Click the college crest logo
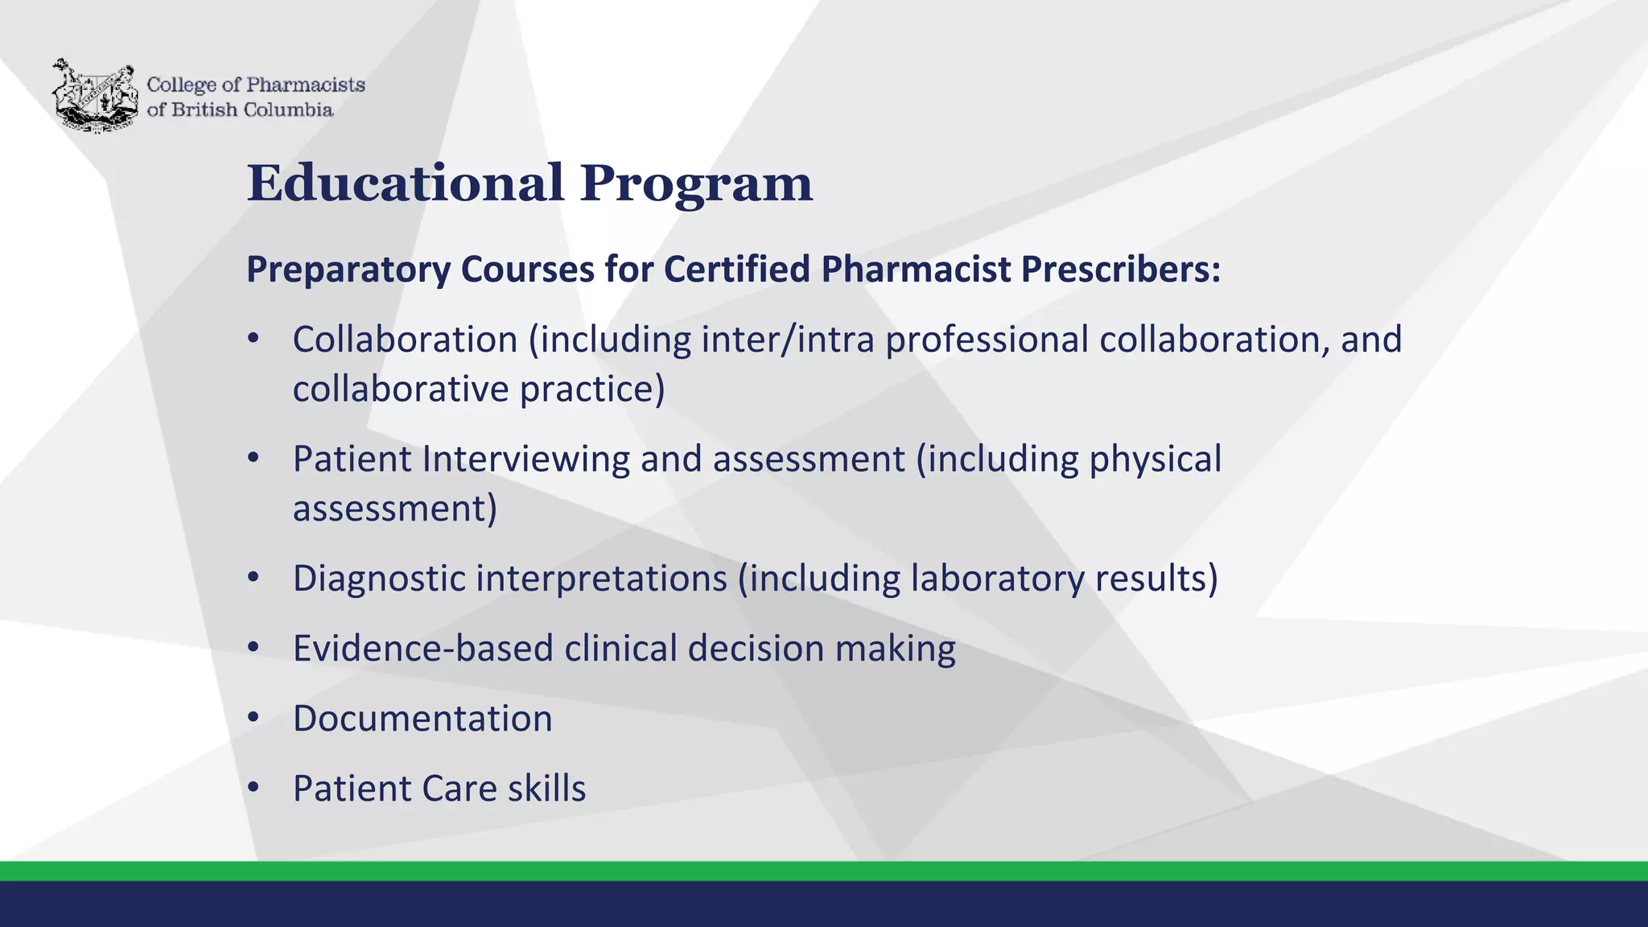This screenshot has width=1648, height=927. pos(95,95)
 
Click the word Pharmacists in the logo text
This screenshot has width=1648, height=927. pos(305,84)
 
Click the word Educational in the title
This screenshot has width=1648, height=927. pos(406,183)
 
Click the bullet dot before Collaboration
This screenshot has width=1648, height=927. pos(253,340)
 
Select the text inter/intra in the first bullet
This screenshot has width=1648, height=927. pos(787,340)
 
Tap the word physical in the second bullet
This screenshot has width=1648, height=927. pos(1155,459)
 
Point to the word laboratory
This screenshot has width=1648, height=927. pos(997,579)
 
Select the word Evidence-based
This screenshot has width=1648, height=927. pos(423,649)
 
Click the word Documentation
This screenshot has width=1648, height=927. pos(422,719)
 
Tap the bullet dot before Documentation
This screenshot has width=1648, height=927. pos(253,719)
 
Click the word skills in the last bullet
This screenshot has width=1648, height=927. pos(546,789)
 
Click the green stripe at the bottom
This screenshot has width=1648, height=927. pos(824,871)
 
